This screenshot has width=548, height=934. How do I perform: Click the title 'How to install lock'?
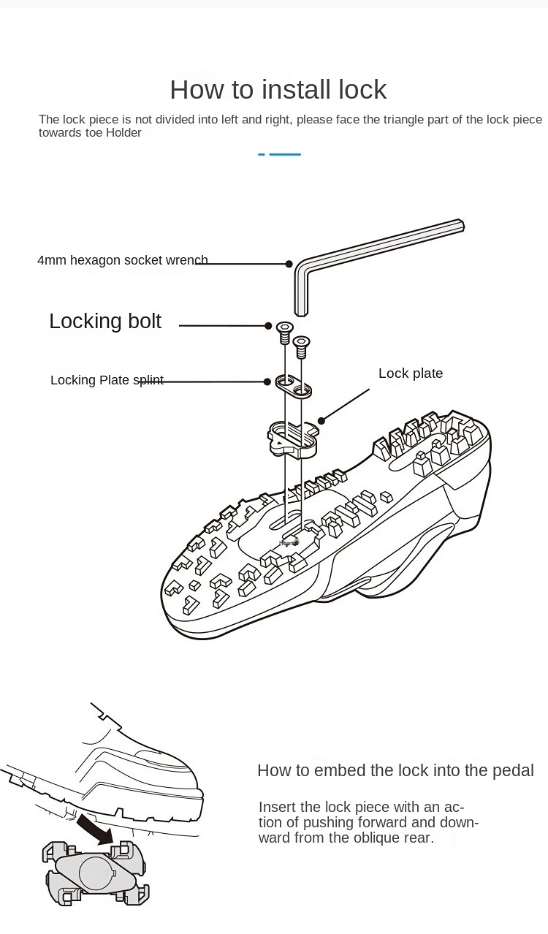coord(278,89)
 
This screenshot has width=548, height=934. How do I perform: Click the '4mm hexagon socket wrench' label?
coord(122,260)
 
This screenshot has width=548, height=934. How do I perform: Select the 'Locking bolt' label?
coord(105,321)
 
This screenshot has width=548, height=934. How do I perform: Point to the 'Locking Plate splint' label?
coord(107,380)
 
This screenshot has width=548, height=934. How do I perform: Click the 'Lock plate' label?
coord(411,373)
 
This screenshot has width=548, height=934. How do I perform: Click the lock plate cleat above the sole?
coord(292,437)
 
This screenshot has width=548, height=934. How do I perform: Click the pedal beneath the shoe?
coord(95,873)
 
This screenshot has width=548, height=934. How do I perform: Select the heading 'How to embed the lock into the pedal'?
coord(395,770)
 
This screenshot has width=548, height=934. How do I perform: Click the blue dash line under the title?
coord(280,154)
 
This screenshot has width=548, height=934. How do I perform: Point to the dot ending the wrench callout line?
coord(289,264)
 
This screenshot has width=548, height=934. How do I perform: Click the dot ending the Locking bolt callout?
coord(268,325)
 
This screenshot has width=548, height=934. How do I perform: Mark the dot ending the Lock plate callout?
coord(321,420)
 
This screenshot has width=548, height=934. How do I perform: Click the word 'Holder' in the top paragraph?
coord(123,132)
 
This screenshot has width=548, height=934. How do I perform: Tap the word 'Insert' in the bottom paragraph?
coord(278,807)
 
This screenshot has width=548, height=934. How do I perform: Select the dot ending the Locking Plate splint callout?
coord(268,381)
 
